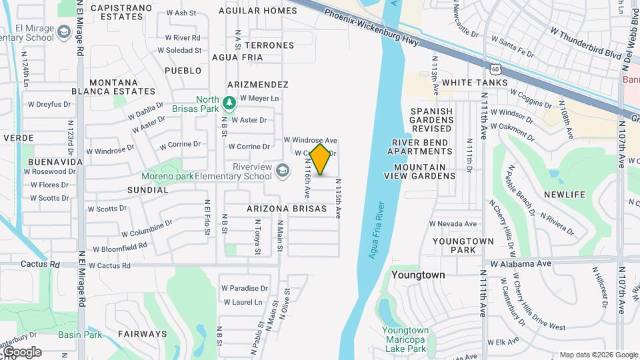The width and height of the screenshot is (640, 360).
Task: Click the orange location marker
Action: [x=321, y=159]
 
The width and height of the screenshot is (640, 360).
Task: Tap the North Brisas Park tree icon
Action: [x=229, y=103]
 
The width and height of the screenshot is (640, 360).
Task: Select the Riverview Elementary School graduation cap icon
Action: [x=283, y=171]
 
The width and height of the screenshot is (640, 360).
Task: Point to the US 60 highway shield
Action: [x=494, y=69]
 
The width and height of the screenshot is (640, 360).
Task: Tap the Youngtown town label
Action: [x=418, y=275]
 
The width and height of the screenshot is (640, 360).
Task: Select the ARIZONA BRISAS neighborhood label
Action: [x=287, y=209]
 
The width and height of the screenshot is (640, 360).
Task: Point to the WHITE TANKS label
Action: [x=475, y=83]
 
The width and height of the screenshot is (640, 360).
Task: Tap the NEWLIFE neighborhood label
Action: [x=564, y=195]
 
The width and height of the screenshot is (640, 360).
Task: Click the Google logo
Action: [x=21, y=352]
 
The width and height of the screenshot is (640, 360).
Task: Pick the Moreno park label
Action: [x=164, y=177]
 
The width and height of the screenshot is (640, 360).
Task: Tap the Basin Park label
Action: [x=80, y=335]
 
